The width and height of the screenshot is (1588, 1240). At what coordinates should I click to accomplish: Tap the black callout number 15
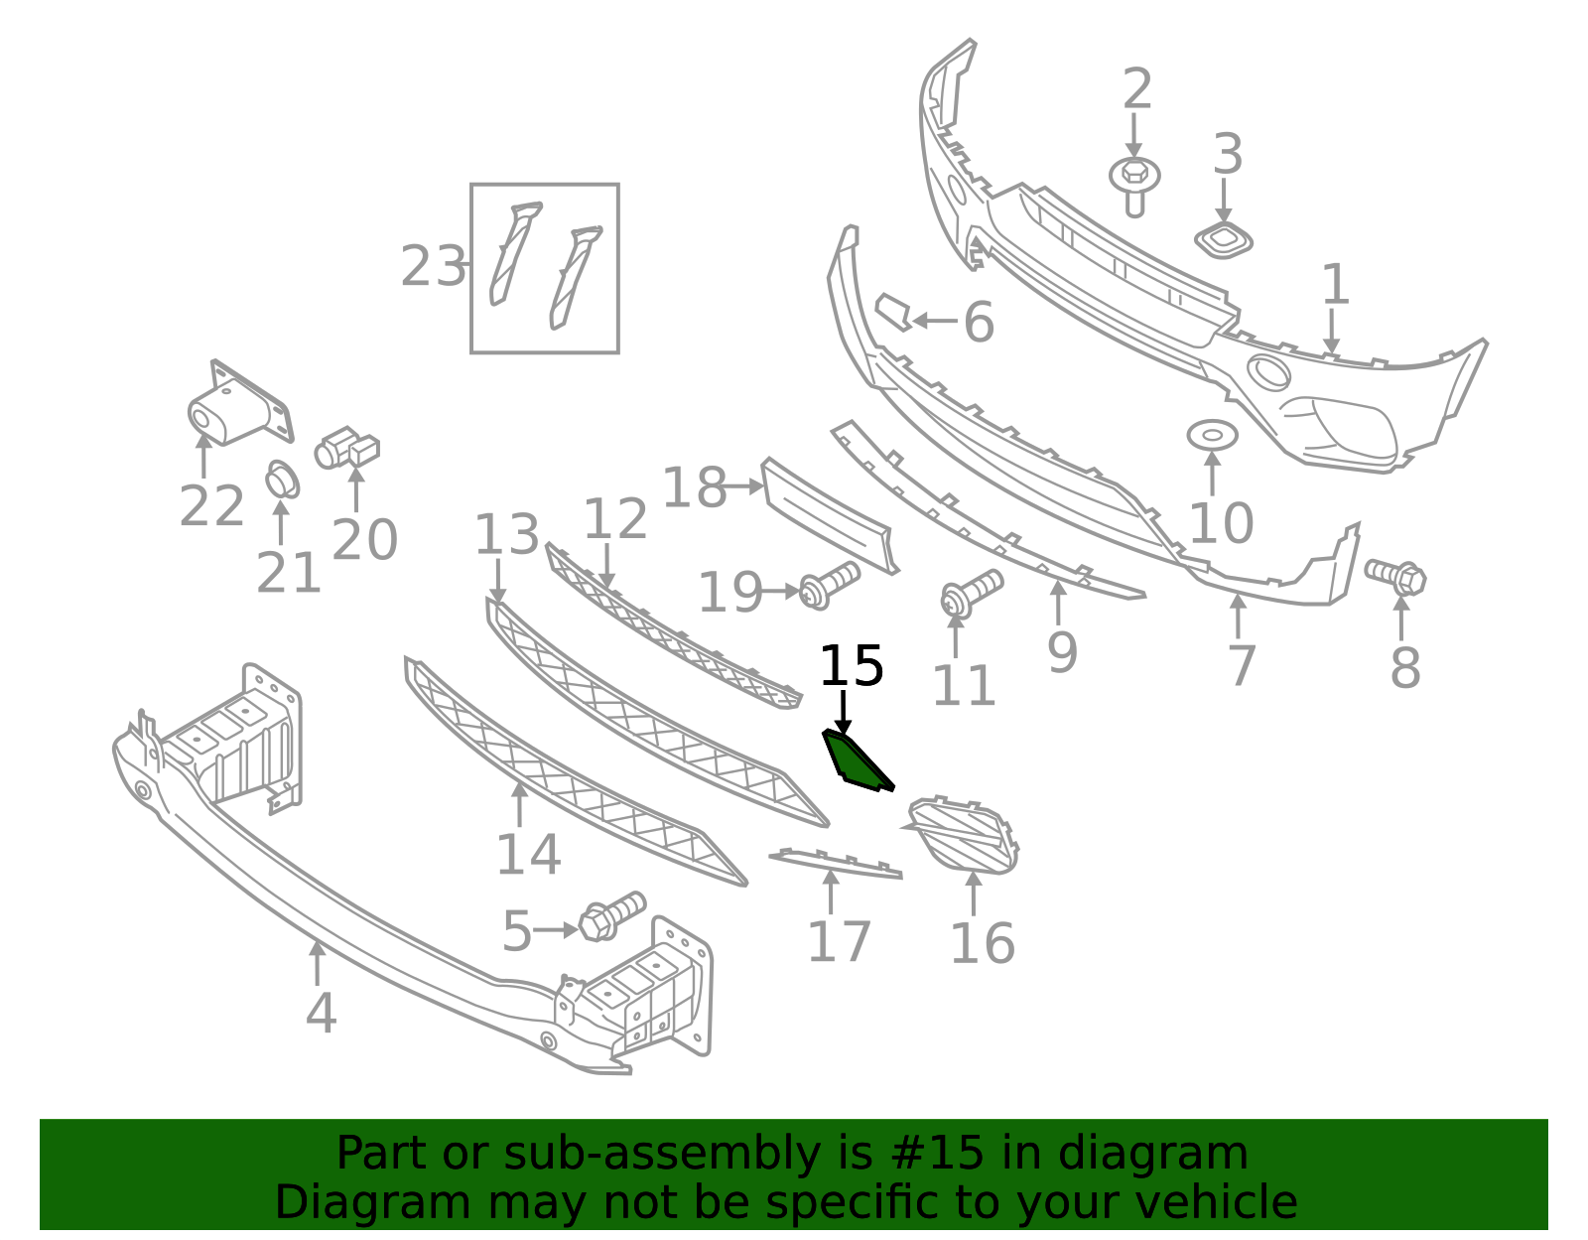[852, 666]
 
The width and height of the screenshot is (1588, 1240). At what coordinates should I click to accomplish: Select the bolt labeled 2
[1134, 186]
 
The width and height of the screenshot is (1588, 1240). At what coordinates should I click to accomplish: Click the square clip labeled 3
[1224, 240]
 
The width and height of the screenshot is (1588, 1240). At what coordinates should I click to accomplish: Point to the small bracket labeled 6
[894, 312]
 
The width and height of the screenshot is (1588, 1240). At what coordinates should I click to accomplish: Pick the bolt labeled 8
[1395, 577]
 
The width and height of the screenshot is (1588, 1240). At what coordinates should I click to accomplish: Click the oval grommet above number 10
[1213, 436]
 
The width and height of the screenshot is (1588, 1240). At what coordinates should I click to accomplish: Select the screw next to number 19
[829, 585]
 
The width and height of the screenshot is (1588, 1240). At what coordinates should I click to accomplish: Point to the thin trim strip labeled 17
[836, 863]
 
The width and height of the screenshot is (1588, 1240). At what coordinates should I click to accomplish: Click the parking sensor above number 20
[347, 447]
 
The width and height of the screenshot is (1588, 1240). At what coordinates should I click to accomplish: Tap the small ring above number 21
[282, 480]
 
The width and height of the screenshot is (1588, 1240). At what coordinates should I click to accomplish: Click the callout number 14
[528, 854]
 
